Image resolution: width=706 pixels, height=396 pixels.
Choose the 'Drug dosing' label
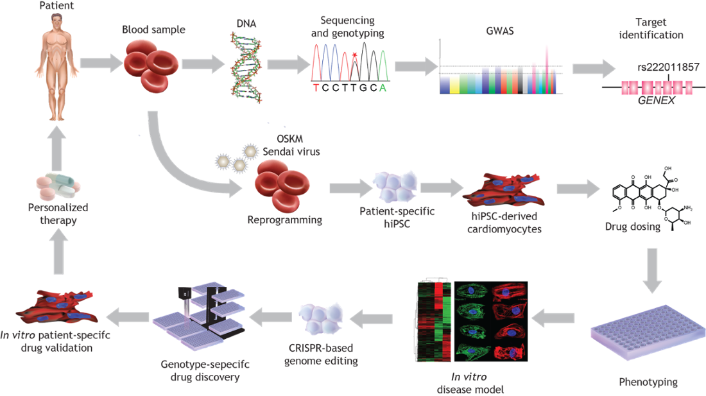point(632,227)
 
